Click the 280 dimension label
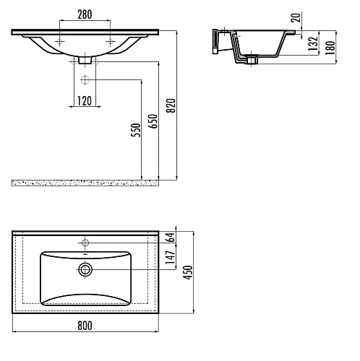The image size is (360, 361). point(85,14)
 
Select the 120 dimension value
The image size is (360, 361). point(85,101)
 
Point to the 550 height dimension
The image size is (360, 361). point(136,130)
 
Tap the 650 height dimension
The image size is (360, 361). point(153,121)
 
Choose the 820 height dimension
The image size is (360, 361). point(171,105)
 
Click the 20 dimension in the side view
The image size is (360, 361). point(296,17)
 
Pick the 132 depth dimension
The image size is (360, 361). point(313,43)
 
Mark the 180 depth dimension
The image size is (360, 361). point(330,48)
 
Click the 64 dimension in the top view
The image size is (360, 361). point(171,238)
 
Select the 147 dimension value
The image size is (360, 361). point(171,257)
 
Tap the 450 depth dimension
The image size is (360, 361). point(188,272)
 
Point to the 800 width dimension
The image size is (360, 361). point(85,326)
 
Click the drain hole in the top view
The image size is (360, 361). point(85,269)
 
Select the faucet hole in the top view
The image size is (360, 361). point(85,243)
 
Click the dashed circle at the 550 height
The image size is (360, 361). point(85,79)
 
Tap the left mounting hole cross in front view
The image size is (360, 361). point(59,42)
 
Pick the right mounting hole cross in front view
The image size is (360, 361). point(111,42)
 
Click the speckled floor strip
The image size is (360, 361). point(85,183)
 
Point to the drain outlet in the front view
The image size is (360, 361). point(85,60)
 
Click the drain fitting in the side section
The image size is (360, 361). point(252,60)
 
